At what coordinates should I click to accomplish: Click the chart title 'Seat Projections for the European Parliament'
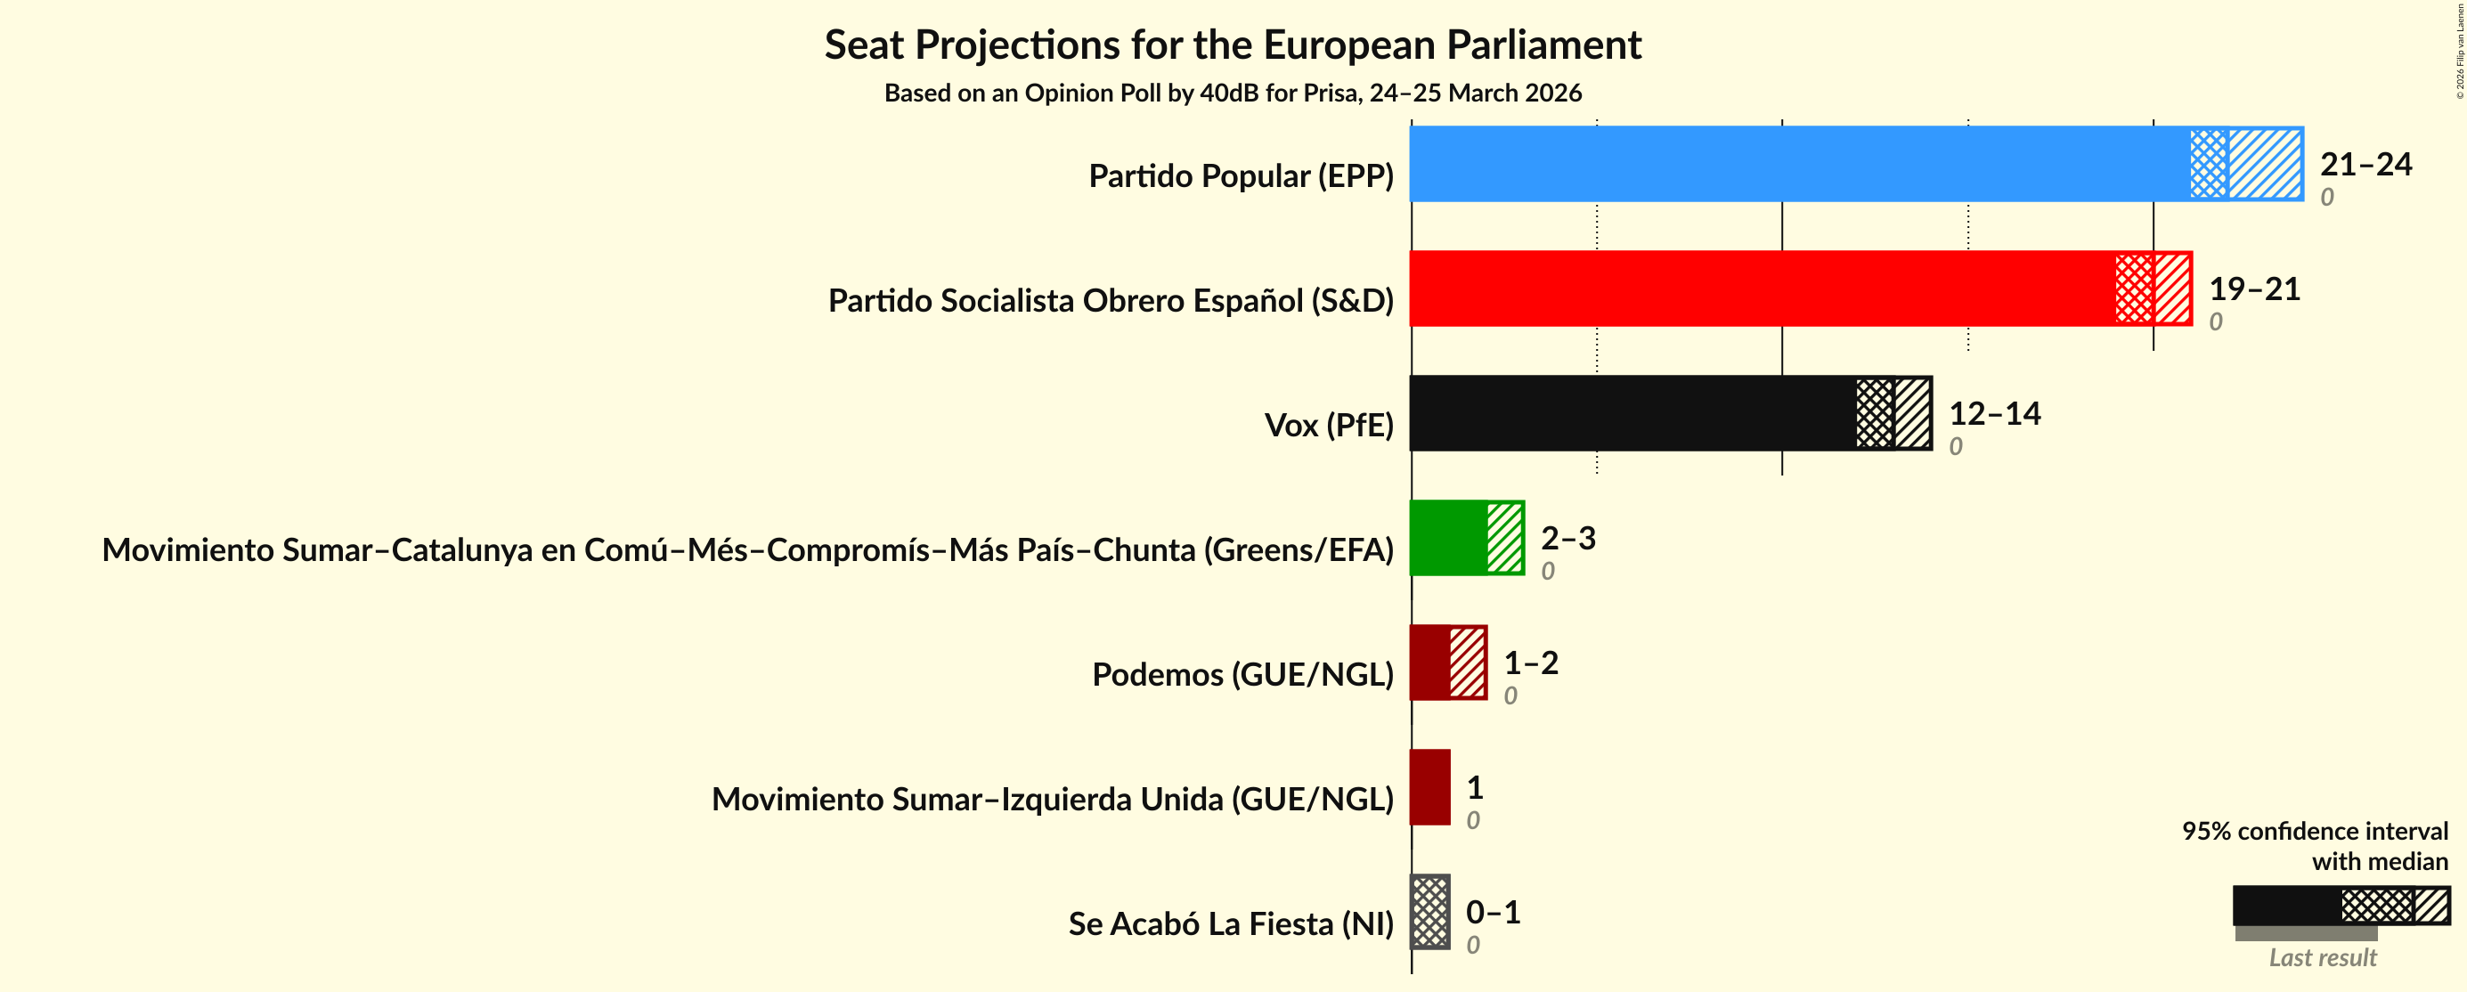(1233, 45)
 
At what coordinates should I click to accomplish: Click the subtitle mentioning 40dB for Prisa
(1233, 93)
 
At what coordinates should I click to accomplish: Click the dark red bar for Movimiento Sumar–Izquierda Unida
(1429, 787)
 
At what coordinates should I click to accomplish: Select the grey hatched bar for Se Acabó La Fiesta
(1429, 912)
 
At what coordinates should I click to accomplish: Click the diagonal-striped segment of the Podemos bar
(1467, 663)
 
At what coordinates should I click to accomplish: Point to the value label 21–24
(2365, 165)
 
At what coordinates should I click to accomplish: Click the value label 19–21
(2253, 289)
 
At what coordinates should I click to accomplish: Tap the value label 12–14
(1994, 414)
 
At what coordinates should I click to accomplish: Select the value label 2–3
(1567, 538)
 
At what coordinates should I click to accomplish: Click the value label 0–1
(1492, 912)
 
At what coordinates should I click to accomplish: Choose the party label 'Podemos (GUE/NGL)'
(1242, 674)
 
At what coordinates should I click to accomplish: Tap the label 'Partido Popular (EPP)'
(1241, 176)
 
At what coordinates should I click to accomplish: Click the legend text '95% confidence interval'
(2314, 830)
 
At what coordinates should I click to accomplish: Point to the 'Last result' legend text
(2322, 957)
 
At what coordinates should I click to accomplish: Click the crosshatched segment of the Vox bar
(1874, 412)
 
